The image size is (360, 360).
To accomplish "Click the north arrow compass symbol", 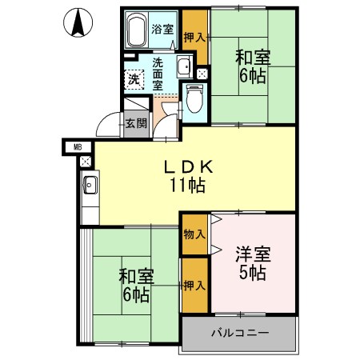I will pos(78,22).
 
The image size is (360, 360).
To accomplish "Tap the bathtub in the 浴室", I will pos(135,30).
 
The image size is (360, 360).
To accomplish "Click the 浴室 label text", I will pos(164,30).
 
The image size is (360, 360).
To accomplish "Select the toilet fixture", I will pos(193,99).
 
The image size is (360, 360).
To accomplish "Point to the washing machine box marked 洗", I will pos(134,78).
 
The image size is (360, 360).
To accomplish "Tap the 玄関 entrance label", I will pos(136,123).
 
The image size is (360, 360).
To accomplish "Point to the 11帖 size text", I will pos(187,186).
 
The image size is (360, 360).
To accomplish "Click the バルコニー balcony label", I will pos(240,332).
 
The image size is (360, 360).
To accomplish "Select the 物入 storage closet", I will pos(194,234).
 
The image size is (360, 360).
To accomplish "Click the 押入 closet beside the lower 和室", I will pos(194,285).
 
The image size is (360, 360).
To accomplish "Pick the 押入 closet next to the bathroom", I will pos(194,37).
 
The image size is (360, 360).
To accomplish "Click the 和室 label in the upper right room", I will pos(252,58).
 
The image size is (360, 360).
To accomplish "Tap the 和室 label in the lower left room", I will pos(136,277).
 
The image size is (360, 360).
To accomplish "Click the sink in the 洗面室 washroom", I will pos(183,66).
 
